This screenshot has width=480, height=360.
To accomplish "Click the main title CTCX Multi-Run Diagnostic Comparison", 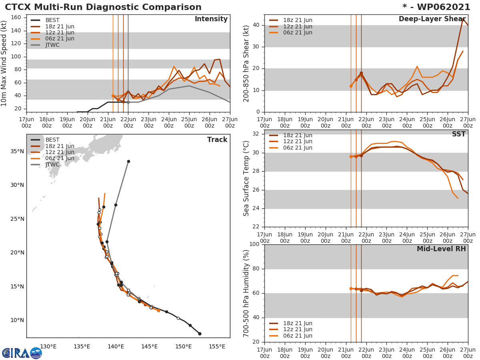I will click(103, 7).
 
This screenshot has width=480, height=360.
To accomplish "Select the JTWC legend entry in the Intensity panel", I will click(52, 45).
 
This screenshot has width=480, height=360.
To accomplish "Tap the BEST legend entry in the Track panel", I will click(52, 140).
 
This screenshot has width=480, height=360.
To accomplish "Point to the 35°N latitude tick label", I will click(17, 151).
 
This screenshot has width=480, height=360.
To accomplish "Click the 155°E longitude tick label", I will click(217, 346).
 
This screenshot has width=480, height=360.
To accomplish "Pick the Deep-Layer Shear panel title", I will click(432, 19).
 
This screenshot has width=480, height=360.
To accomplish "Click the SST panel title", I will click(458, 134).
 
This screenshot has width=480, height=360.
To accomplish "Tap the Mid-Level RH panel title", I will click(441, 249).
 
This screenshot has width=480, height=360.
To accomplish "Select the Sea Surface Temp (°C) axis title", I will click(246, 178).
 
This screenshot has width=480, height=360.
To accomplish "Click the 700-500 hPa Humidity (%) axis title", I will click(246, 293).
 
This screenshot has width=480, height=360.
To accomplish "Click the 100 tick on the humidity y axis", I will click(254, 244).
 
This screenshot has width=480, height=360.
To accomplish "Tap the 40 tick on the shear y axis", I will click(257, 25).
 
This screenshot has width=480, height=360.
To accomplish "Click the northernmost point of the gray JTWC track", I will click(128, 161).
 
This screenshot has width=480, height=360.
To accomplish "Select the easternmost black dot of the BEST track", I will click(200, 334).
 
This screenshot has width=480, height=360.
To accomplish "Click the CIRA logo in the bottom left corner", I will click(22, 353).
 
